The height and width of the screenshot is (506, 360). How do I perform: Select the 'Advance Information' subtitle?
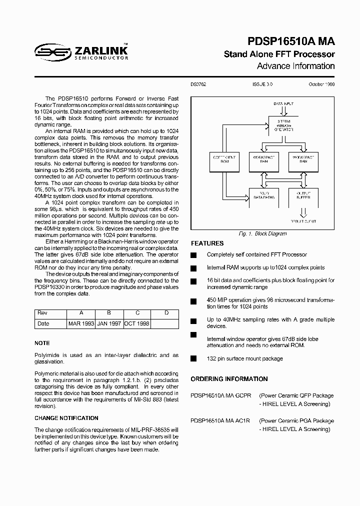coord(295,66)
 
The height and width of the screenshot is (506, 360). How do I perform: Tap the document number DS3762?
coord(198,84)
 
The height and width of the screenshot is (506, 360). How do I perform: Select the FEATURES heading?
coord(207,243)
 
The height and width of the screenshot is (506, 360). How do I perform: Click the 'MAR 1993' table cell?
coord(81,323)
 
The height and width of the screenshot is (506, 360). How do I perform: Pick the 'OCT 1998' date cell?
coord(136,323)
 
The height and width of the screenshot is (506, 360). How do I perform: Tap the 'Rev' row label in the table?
coord(42,313)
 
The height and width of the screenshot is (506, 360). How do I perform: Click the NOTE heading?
coord(42,343)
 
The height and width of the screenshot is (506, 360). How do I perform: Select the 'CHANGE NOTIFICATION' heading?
coord(66,418)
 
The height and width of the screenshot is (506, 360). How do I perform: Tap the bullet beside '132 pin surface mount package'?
coord(193,358)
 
